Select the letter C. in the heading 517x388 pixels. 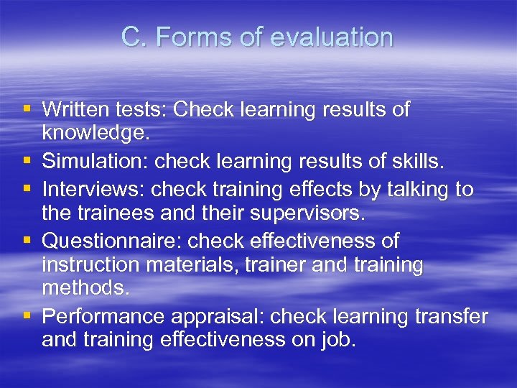pos(134,37)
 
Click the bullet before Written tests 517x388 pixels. pos(27,110)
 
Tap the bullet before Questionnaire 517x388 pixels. pos(27,241)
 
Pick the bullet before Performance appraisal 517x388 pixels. pos(27,315)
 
